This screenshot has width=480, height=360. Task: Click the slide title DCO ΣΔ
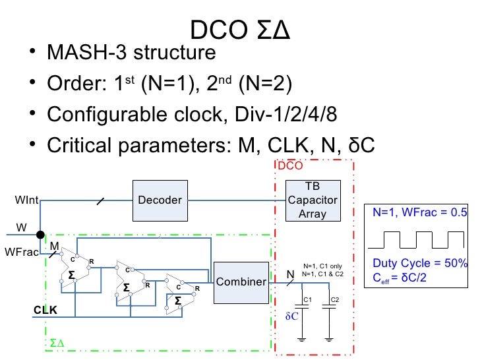coord(240,30)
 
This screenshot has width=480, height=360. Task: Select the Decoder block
coord(160,200)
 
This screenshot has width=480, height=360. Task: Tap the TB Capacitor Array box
coord(313,200)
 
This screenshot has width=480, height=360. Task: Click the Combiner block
coord(241,282)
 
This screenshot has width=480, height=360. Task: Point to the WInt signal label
coord(27,199)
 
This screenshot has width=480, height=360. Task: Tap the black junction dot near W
coord(40,235)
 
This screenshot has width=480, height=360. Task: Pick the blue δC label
coord(292,316)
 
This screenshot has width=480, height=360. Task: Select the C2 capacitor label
coord(334,300)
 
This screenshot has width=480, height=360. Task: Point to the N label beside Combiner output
coord(289,274)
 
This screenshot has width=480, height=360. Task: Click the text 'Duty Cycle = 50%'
coord(419,262)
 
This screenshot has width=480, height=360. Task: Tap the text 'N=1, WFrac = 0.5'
coord(419,213)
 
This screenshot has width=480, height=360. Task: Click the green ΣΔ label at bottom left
coord(57,344)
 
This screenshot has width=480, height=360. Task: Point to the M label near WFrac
coord(55,246)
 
